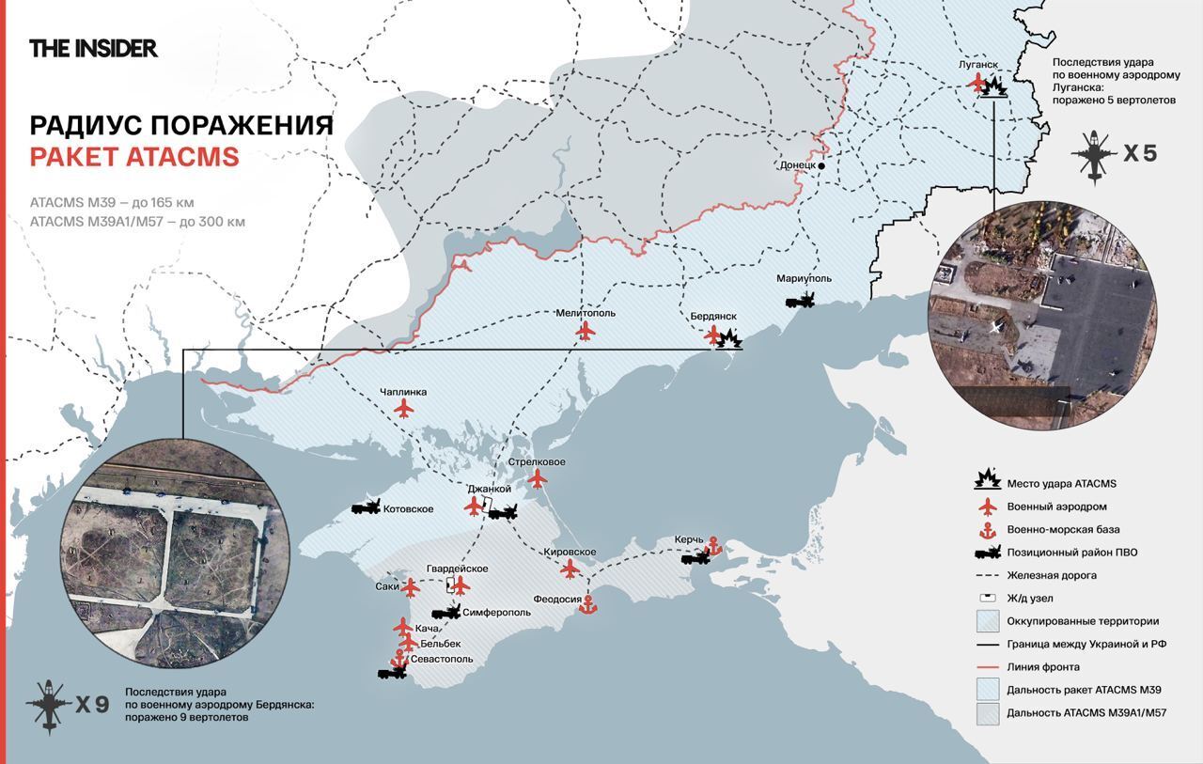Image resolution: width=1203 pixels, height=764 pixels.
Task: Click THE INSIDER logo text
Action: coord(93,48)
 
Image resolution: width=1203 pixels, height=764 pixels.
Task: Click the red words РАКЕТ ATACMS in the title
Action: coord(134,157)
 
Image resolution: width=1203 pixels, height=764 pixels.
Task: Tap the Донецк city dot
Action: coord(820,165)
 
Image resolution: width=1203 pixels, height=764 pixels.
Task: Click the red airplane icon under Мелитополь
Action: coord(586,331)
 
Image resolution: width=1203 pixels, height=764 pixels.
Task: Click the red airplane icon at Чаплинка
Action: coord(404,409)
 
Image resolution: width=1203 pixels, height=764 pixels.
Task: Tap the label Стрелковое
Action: coord(537,462)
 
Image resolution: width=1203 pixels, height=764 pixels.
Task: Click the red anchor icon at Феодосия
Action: coord(587,605)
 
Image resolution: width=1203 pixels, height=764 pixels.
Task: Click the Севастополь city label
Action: coord(436,659)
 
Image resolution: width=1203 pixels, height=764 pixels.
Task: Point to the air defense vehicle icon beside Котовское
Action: coord(366,507)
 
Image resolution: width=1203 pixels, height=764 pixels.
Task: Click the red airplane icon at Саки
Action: coord(411,587)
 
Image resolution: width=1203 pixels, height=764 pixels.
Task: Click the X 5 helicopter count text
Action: coord(1140,153)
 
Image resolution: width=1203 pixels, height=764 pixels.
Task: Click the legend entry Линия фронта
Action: coord(1042,666)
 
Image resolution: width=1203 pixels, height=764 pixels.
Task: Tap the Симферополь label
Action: coord(496,612)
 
